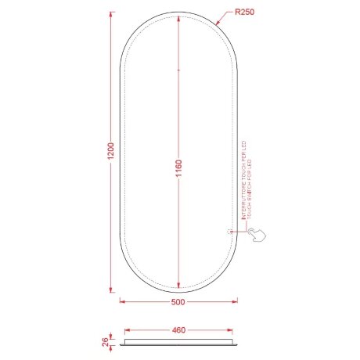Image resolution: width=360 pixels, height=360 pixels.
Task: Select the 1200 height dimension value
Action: [x=111, y=153]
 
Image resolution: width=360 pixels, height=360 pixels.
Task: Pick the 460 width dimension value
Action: [x=178, y=330]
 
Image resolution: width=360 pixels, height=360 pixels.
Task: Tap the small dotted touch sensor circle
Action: [x=229, y=232]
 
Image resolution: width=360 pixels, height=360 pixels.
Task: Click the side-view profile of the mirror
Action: [x=178, y=341]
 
